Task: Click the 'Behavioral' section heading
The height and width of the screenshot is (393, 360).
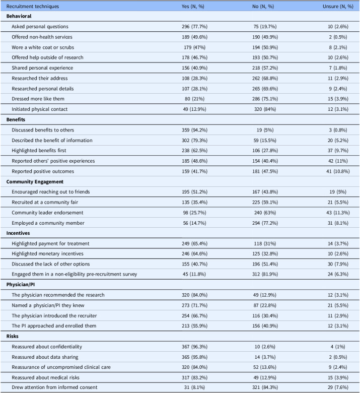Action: click(x=19, y=16)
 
